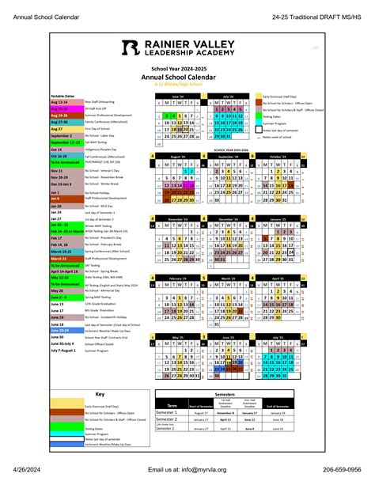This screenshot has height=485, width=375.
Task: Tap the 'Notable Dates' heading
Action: tap(63, 93)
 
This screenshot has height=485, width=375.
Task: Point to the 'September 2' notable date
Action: tap(61, 135)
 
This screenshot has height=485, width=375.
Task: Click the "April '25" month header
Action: tap(276, 278)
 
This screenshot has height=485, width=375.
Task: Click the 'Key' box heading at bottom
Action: tap(100, 393)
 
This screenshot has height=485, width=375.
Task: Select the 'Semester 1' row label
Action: tap(167, 412)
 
